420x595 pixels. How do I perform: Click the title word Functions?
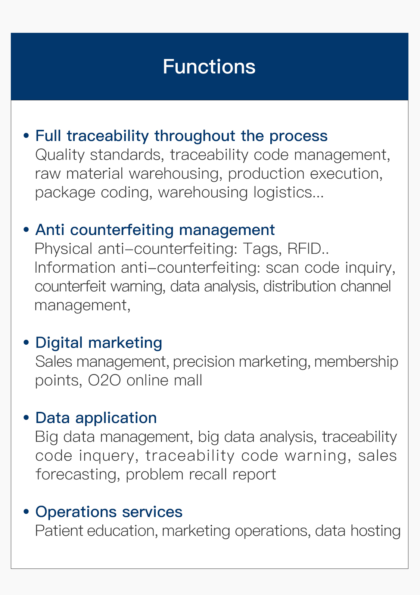pos(209,66)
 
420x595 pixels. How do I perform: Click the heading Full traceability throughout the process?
pos(181,136)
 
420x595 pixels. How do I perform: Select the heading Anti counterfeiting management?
pos(155,230)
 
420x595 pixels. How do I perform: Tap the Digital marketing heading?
pos(99,343)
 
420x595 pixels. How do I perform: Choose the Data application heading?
pos(96,418)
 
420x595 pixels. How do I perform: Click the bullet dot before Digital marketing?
pos(26,342)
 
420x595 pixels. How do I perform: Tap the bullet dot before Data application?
pos(26,417)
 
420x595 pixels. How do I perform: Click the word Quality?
pos(60,155)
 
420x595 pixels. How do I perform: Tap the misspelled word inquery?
pos(107,456)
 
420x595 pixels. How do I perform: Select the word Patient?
pos(59,531)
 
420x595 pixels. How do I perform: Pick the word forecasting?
pos(76,475)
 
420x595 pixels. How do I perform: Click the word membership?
pos(356,362)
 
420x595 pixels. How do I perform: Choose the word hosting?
pos(375,531)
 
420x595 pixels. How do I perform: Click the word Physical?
pos(63,249)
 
